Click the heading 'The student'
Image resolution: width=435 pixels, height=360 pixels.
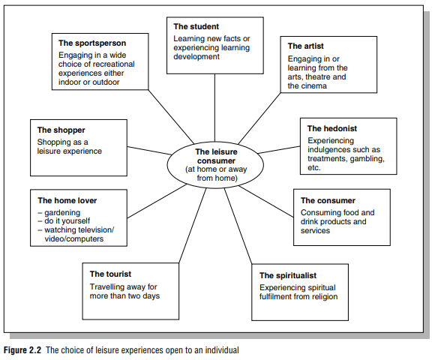click(x=196, y=27)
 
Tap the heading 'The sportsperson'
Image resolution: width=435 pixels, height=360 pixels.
click(x=92, y=43)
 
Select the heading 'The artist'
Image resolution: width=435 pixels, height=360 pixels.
click(x=305, y=46)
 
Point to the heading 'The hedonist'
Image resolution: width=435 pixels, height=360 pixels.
click(x=332, y=128)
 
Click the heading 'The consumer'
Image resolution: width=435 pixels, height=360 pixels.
click(x=328, y=200)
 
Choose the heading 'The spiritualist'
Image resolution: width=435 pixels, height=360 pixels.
click(x=288, y=275)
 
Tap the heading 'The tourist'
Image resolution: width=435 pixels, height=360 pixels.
click(x=110, y=274)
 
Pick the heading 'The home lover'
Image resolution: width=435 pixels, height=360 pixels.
click(x=67, y=200)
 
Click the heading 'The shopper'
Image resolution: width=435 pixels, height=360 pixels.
click(x=61, y=130)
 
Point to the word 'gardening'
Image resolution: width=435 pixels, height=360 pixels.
click(x=62, y=213)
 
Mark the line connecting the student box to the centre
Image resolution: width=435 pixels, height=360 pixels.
click(x=214, y=108)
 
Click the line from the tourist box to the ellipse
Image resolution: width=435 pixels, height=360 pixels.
click(x=193, y=226)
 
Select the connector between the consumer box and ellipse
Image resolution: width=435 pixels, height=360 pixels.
click(x=265, y=202)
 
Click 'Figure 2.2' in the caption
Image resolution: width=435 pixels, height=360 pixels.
click(x=22, y=350)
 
